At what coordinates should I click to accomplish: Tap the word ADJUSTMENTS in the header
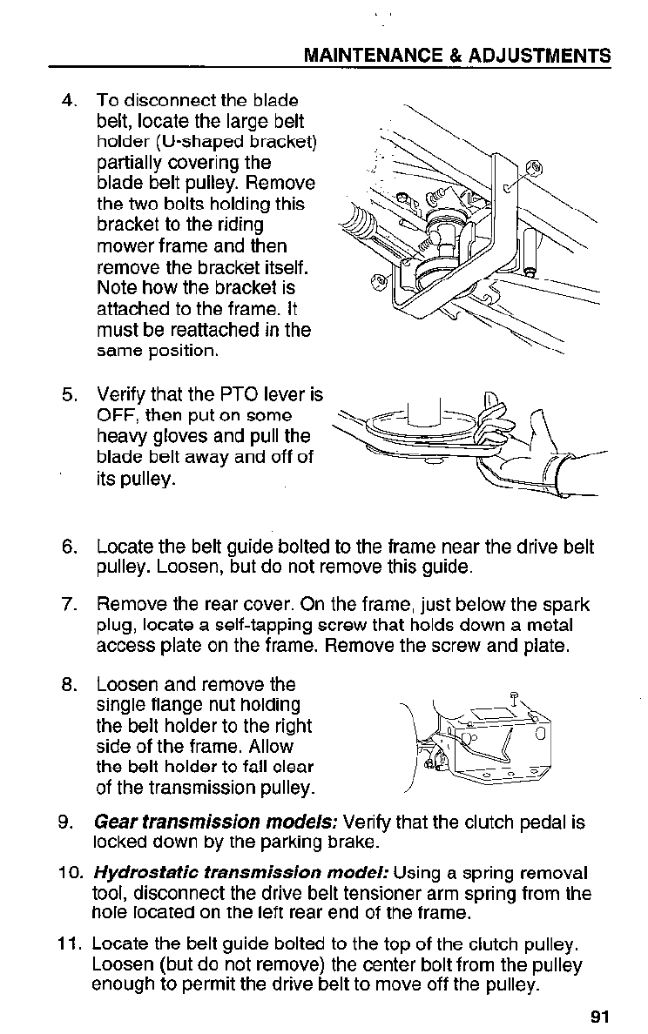pyautogui.click(x=540, y=57)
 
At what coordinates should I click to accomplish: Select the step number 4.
pyautogui.click(x=71, y=101)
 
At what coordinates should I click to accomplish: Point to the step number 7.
pyautogui.click(x=71, y=604)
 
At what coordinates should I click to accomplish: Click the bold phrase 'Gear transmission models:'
pyautogui.click(x=218, y=822)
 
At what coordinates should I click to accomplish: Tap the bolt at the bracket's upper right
pyautogui.click(x=535, y=169)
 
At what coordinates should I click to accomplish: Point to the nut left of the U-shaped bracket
pyautogui.click(x=377, y=281)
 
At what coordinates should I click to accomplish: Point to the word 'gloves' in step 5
pyautogui.click(x=180, y=436)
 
